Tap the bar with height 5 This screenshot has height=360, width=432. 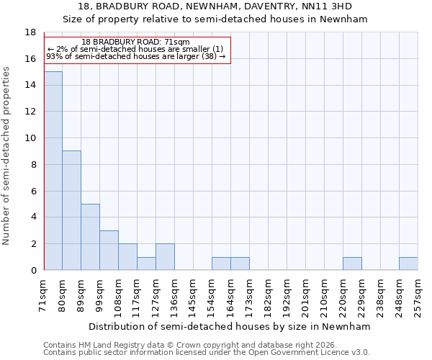coord(90,237)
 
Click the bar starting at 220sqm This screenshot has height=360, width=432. coord(352,264)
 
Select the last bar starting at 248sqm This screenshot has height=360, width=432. coord(408,264)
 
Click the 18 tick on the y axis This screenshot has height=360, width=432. coord(30,32)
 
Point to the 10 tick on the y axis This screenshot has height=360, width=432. coord(30,138)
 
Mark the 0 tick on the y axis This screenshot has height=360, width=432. coord(33,270)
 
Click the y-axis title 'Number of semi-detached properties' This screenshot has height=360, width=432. coord(6,156)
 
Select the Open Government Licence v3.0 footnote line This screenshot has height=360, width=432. coord(207,353)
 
